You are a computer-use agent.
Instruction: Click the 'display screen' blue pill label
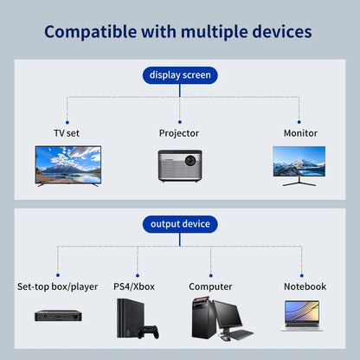[180, 75]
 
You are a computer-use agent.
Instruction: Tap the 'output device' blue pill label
[180, 224]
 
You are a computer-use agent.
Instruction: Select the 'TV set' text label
[67, 133]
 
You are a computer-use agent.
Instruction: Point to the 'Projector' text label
[179, 133]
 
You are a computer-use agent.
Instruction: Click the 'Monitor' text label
[300, 133]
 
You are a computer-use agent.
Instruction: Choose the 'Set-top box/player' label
[58, 286]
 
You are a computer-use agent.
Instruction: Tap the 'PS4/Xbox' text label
[134, 286]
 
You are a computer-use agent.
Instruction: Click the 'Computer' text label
[210, 286]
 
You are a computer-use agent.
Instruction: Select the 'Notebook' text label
[305, 286]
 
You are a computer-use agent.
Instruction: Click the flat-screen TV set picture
[67, 164]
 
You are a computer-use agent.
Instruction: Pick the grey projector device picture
[180, 165]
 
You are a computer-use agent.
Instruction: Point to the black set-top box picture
[58, 315]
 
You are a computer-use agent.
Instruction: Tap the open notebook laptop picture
[300, 317]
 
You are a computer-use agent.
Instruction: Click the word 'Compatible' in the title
[90, 32]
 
